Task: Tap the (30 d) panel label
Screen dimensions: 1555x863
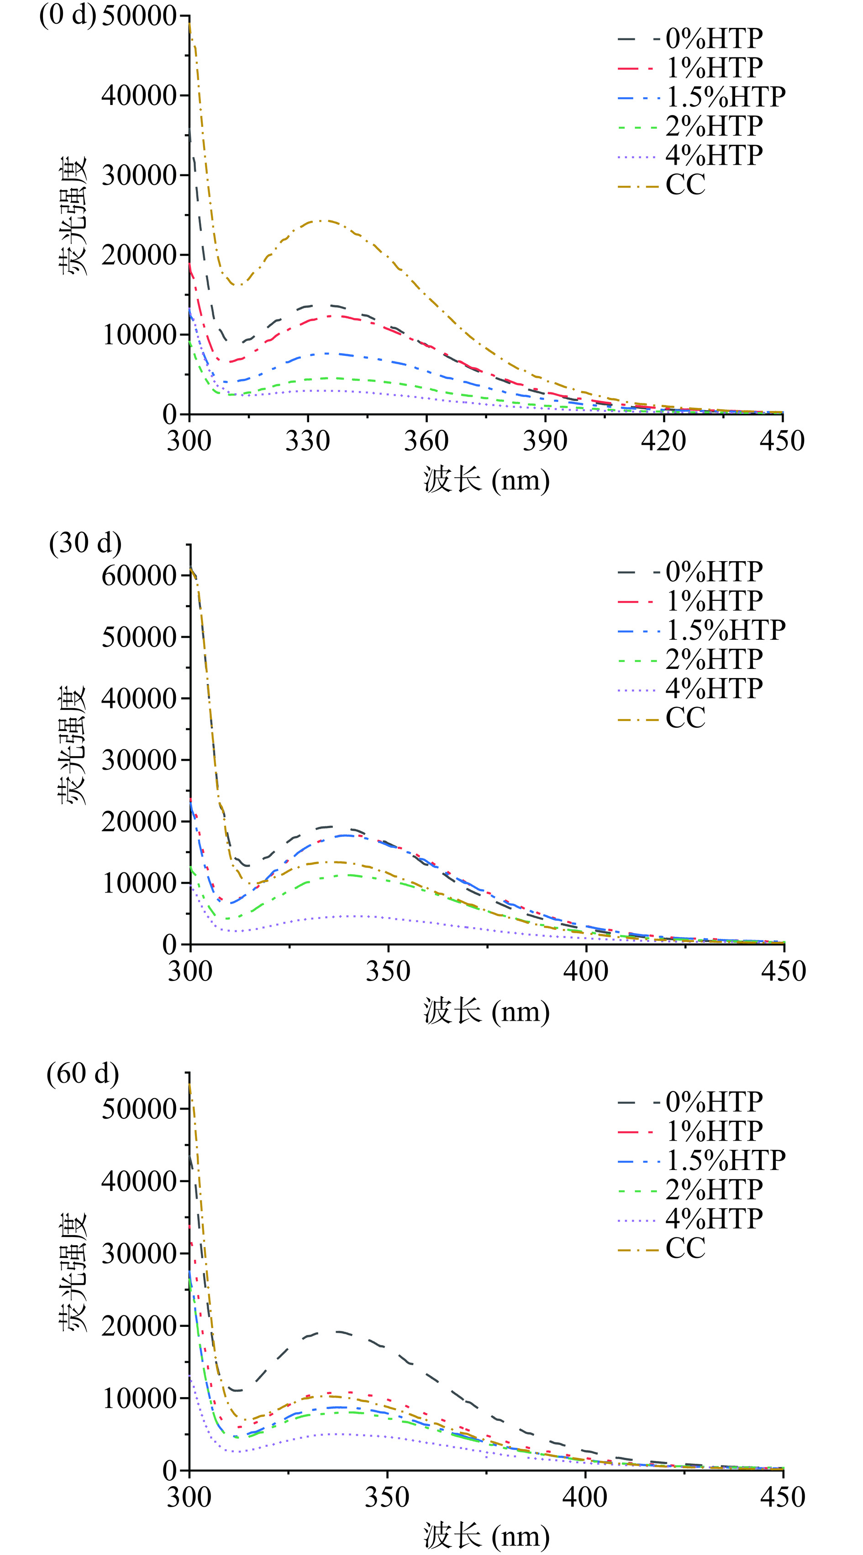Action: point(85,543)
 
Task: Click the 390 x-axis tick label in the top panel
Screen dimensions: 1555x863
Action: point(545,441)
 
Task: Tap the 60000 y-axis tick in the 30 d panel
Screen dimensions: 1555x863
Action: point(138,575)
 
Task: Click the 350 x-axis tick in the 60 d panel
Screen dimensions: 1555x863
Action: point(387,1497)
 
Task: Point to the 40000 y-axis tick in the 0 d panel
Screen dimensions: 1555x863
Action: point(138,95)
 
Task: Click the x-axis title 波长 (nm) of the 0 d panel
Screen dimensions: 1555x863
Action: point(486,480)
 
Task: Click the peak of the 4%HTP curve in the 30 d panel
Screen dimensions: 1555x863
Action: point(356,916)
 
